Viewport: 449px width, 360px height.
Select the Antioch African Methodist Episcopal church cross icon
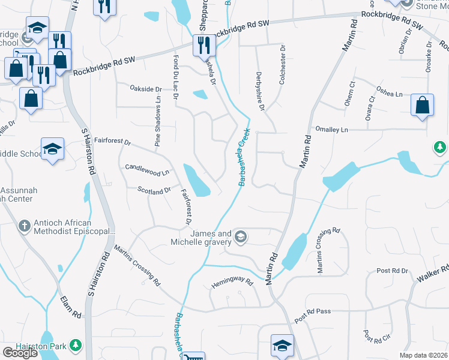click(24, 226)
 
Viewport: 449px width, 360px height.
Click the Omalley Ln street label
click(332, 130)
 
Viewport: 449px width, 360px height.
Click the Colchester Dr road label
click(282, 65)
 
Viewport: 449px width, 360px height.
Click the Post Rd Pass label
click(313, 312)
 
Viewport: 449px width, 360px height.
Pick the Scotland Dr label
click(154, 191)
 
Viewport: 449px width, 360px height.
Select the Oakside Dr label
click(146, 89)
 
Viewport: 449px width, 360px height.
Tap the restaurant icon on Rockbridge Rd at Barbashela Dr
click(203, 45)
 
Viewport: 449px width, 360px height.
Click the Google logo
click(20, 353)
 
